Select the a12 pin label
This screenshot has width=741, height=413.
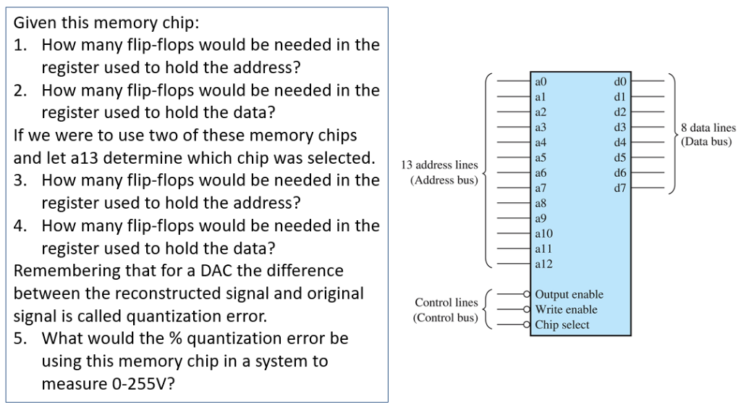[543, 264]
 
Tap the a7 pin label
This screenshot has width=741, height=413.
[540, 188]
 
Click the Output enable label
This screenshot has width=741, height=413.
[569, 294]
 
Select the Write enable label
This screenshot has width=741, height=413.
[566, 309]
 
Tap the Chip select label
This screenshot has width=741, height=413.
[562, 325]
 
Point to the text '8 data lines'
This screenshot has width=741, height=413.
[708, 128]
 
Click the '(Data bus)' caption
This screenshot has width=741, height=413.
[706, 142]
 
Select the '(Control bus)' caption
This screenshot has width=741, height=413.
[445, 317]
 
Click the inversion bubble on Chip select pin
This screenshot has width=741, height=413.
[530, 325]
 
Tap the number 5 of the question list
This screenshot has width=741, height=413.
[20, 338]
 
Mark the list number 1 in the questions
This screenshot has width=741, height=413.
[20, 45]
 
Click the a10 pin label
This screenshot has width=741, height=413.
[543, 234]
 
